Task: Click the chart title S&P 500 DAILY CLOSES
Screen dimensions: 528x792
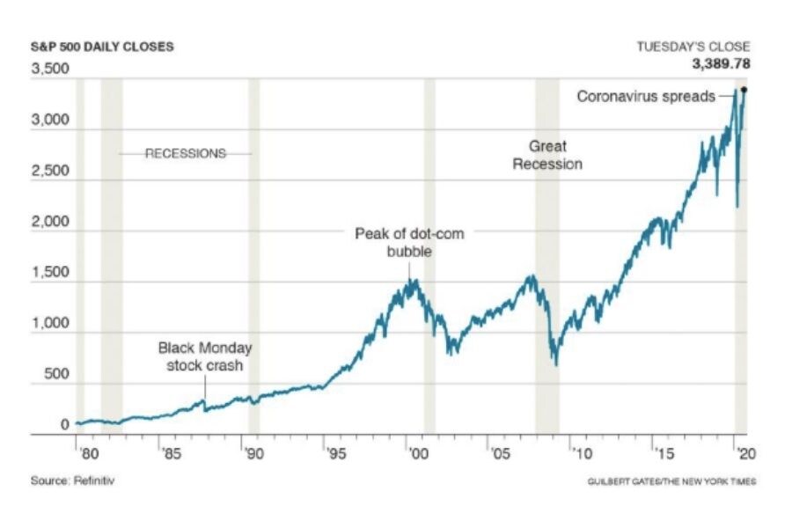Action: click(102, 47)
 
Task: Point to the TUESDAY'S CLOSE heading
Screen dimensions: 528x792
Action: click(694, 47)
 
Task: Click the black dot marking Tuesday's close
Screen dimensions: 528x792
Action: click(744, 90)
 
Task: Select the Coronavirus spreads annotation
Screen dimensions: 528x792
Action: click(646, 96)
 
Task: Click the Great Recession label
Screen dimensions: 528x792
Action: click(547, 155)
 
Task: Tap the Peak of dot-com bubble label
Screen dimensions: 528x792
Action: click(409, 242)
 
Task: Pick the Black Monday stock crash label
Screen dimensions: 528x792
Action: click(205, 356)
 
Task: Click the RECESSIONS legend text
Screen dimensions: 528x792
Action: click(185, 153)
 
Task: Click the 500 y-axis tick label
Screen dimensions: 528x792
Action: click(55, 374)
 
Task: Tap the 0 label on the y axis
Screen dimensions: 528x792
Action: click(64, 425)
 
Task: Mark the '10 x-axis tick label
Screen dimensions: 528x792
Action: click(581, 455)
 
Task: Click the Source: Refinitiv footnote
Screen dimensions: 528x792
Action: click(74, 481)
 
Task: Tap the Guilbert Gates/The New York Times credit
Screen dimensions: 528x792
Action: click(671, 481)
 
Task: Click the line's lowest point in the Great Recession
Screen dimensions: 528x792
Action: click(555, 365)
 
